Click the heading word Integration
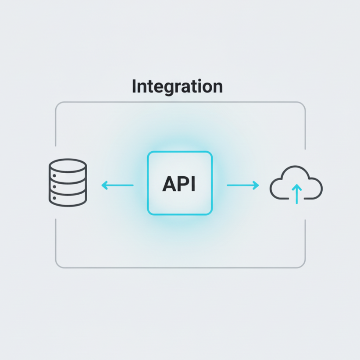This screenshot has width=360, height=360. pos(177,86)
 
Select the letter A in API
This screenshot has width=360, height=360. pos(170,185)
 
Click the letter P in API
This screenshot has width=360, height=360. pos(184,185)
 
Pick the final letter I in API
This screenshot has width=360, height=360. pos(193,185)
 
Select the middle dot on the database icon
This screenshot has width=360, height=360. pos(54,186)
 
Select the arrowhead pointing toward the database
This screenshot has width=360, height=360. pos(104,185)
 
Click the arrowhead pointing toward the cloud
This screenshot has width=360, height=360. pos(257,185)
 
